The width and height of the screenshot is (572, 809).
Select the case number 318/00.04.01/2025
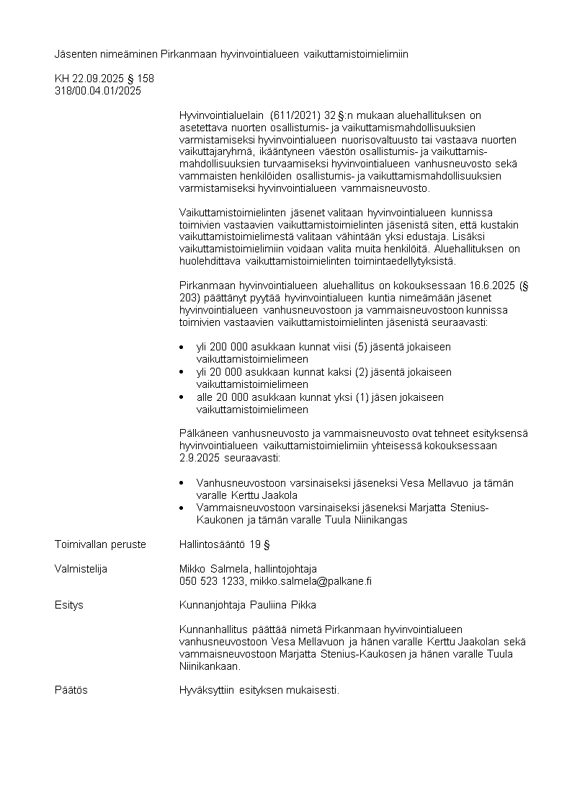click(x=98, y=91)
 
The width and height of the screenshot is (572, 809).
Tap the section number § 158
click(x=140, y=79)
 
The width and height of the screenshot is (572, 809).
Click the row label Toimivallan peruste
click(x=100, y=544)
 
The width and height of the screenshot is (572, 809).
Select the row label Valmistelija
click(x=81, y=569)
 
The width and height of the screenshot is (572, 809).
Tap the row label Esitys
click(x=69, y=605)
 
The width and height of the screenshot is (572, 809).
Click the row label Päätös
click(x=71, y=690)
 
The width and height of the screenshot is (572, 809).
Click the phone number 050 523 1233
click(x=212, y=581)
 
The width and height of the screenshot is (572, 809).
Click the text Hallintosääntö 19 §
click(x=224, y=544)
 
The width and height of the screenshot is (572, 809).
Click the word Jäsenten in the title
click(x=74, y=54)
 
